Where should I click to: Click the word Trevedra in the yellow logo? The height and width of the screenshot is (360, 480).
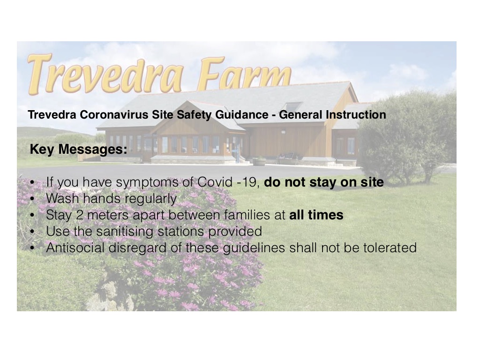pos(105,74)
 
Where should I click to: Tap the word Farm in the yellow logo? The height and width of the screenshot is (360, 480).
pos(244,71)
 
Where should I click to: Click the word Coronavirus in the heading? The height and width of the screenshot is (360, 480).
pos(114,115)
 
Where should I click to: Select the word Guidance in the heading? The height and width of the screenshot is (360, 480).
pos(242,115)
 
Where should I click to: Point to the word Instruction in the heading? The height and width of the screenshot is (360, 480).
pos(356,115)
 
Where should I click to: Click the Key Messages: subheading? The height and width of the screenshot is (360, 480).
pos(78,150)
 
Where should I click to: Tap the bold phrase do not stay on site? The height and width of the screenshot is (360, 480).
pos(324,182)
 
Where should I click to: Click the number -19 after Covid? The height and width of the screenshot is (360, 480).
pos(249,182)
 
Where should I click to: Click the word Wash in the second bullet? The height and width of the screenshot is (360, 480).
pos(63,199)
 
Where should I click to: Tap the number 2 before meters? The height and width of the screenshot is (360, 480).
pos(80,215)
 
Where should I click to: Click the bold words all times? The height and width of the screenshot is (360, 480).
pos(316,215)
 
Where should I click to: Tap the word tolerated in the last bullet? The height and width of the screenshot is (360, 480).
pos(390,248)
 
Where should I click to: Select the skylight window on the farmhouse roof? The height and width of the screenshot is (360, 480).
pos(293,107)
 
